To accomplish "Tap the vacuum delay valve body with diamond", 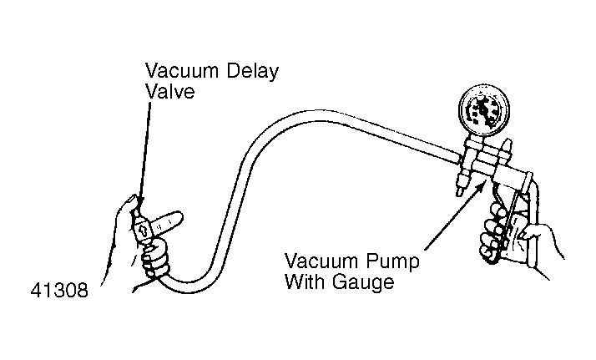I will [144, 230].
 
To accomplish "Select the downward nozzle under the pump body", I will [459, 187].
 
